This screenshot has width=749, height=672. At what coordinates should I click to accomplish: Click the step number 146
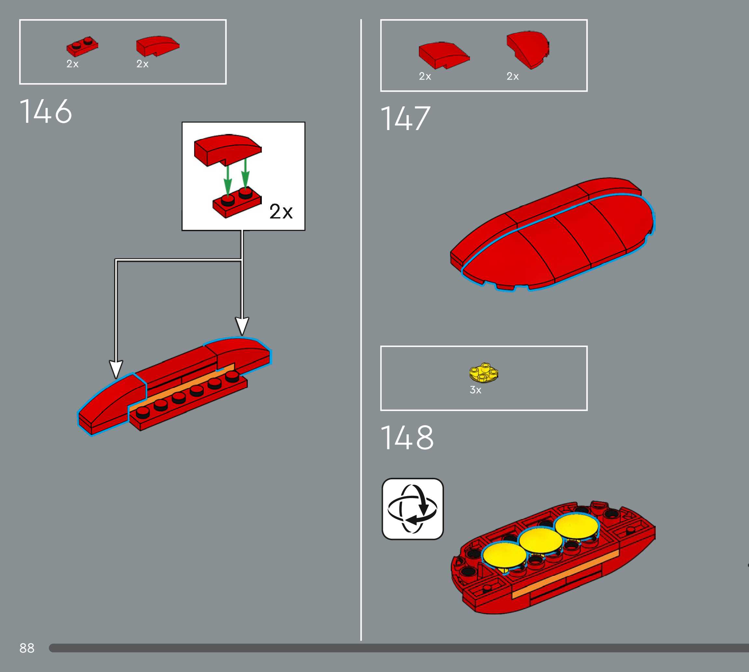[46, 111]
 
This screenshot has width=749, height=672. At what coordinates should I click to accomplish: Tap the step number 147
[405, 119]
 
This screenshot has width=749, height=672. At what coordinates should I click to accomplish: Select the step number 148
[407, 438]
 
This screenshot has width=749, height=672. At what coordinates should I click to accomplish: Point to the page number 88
[27, 648]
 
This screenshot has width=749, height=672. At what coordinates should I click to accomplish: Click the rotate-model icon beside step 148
[412, 509]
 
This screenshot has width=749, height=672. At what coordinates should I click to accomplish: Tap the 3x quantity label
[475, 390]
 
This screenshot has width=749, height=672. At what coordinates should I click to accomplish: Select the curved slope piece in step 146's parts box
[157, 46]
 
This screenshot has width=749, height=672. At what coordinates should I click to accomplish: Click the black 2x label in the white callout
[281, 212]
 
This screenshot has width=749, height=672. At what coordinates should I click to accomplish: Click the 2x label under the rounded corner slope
[513, 76]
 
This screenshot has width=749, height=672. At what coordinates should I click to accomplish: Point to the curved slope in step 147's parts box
[443, 55]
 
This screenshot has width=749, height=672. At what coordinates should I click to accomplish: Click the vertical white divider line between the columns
[361, 332]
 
